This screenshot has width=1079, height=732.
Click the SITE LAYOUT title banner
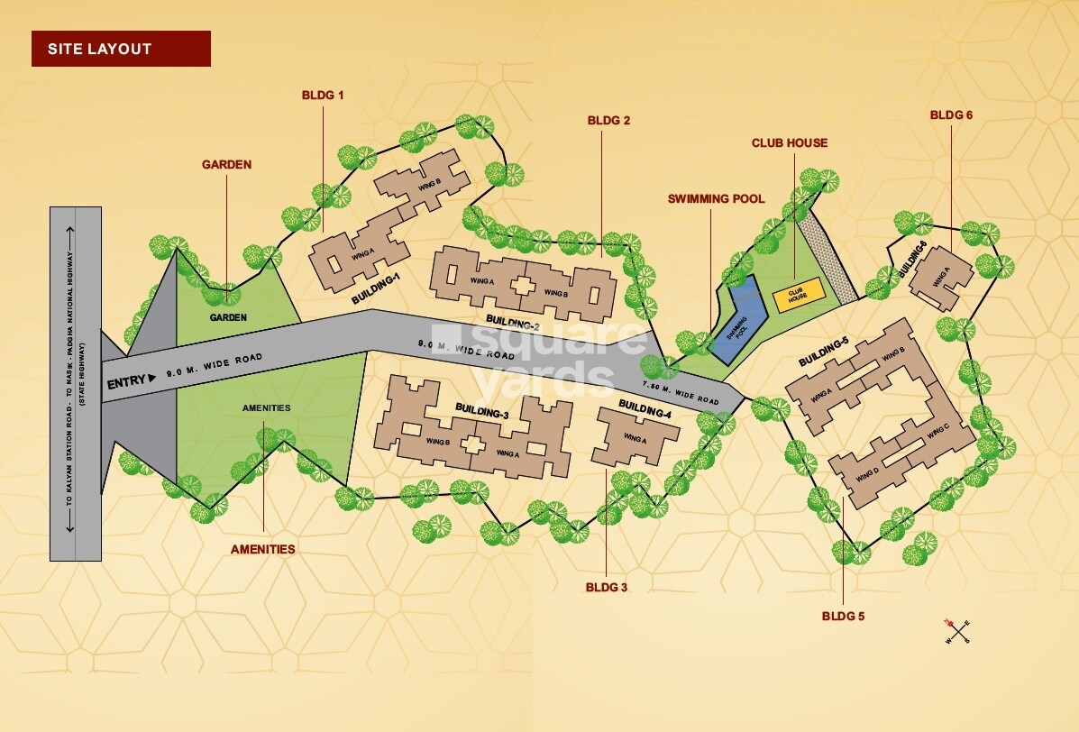click(x=121, y=49)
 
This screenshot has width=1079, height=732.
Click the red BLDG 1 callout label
click(x=323, y=95)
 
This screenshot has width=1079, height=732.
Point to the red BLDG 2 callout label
click(x=608, y=120)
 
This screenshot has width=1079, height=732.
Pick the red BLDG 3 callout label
click(x=606, y=587)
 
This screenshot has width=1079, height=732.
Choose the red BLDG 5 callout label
click(x=843, y=617)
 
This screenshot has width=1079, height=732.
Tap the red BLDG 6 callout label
click(x=951, y=115)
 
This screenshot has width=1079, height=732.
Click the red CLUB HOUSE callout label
click(x=789, y=143)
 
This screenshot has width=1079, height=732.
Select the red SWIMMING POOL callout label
click(x=716, y=199)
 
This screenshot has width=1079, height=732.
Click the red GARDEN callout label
click(x=226, y=165)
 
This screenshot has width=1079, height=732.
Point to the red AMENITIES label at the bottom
click(x=262, y=549)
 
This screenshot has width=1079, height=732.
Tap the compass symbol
click(x=956, y=631)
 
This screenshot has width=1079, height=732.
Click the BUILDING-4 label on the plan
click(x=645, y=414)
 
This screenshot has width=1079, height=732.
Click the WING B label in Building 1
click(x=430, y=185)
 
